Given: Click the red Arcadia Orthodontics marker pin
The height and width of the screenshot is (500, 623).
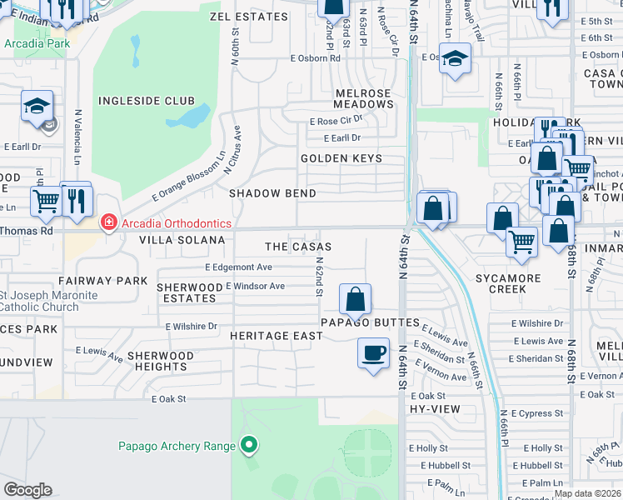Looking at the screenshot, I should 107,222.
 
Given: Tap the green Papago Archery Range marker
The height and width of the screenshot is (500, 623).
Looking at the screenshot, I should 247,446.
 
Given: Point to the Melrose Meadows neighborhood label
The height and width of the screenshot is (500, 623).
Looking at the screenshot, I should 363,98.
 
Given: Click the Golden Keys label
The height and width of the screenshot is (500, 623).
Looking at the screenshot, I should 341,158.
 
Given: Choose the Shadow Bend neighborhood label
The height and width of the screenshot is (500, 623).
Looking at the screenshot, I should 272,193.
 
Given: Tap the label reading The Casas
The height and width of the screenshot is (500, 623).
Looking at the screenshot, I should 298,247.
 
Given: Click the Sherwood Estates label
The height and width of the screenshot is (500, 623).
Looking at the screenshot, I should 187,292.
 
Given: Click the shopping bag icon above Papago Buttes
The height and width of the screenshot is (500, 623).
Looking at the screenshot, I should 355,298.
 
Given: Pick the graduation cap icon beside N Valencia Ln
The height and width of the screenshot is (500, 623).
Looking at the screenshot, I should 37,106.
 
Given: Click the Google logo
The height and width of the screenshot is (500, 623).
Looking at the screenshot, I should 27,489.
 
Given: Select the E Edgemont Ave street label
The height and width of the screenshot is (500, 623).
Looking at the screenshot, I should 238,267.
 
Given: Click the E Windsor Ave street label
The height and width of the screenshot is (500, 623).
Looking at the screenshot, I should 255,286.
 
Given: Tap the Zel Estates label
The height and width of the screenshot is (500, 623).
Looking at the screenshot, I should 242,16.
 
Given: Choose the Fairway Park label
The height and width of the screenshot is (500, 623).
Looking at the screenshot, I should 102,281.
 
